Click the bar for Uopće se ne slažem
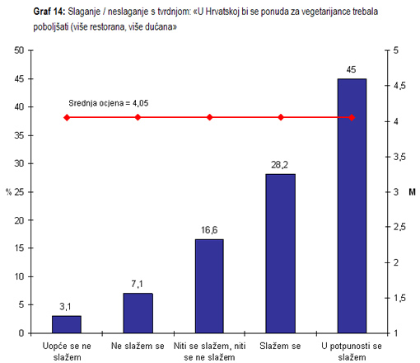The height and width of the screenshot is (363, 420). point(67,324)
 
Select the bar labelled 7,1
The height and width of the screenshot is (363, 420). point(138,313)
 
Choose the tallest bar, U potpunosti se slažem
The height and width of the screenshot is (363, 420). point(352,205)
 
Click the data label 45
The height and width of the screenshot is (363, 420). point(352,70)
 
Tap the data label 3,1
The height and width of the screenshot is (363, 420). point(67,307)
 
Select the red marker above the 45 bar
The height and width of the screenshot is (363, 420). point(352,117)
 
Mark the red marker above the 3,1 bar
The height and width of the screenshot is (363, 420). point(67,117)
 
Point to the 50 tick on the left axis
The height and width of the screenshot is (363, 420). point(18,50)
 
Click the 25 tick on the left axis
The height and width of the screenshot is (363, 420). point(18,191)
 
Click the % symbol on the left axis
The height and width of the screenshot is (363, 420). point(9,192)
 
